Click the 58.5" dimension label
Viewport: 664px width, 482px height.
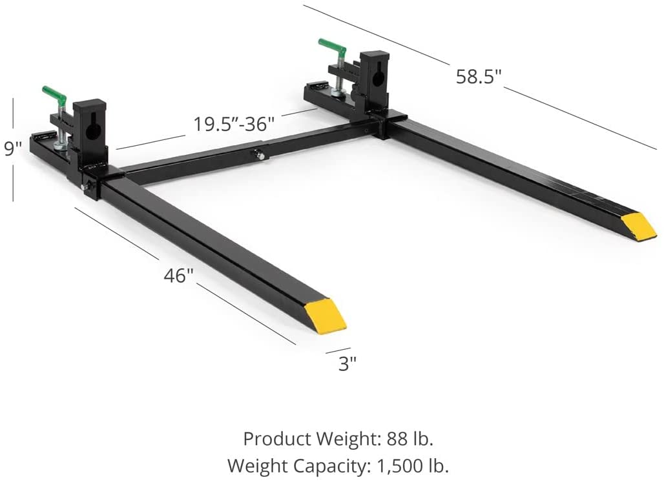point(478,76)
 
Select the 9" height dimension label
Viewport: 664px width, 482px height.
point(13,149)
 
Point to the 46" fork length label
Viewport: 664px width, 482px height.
point(178,276)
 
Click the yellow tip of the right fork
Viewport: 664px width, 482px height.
point(639,226)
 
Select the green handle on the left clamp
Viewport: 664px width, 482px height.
point(54,96)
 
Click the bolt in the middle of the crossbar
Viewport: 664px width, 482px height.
point(259,154)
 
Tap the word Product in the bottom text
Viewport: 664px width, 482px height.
point(276,439)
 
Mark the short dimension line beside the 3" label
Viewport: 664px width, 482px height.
point(338,351)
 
